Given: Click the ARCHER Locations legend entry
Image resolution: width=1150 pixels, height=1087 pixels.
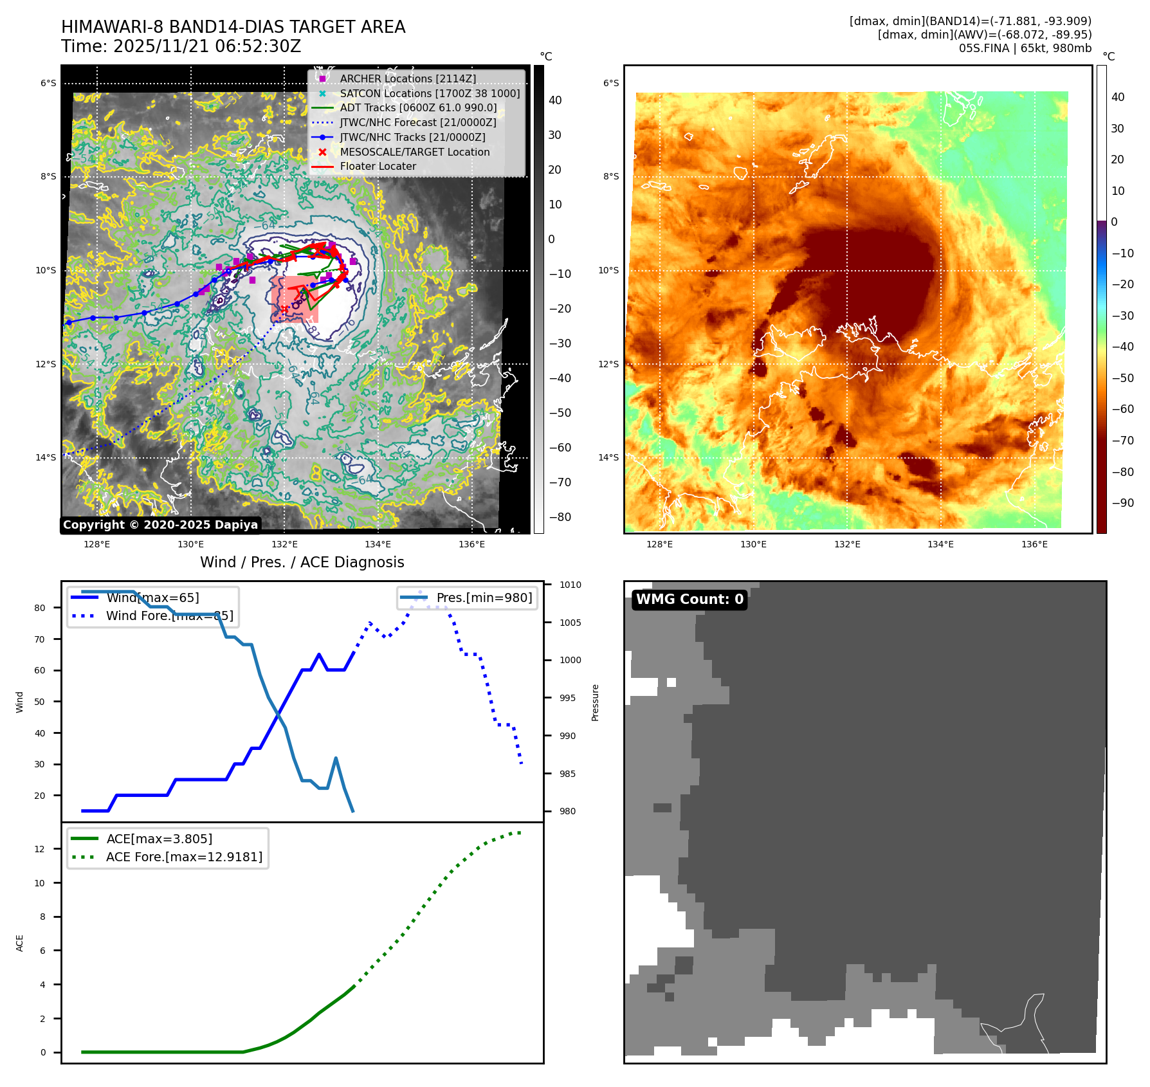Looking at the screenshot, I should pos(408,78).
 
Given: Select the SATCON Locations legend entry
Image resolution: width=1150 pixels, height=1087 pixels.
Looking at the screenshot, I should pos(430,93).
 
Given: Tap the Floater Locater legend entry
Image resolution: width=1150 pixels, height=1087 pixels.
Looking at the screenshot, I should pos(378,166).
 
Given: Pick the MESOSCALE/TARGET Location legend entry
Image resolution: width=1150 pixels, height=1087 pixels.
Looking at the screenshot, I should pos(414,152).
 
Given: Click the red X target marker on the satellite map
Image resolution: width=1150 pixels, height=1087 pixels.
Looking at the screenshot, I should pos(284,309).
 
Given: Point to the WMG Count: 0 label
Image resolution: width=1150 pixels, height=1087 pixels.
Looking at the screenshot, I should pos(689,599).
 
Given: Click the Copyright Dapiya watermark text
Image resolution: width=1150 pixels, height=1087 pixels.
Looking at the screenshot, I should pos(160,525).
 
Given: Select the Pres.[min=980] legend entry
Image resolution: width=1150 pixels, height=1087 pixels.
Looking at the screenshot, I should pos(484,598).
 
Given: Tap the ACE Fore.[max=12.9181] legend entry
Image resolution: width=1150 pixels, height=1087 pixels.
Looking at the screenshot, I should pos(184,857).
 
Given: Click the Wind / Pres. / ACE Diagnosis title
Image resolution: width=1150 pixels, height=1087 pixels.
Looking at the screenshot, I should pos(302,562).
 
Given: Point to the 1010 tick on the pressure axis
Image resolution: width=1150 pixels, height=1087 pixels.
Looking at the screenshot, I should pos(570,585).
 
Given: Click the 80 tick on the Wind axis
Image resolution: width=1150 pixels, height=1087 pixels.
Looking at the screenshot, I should pos(40,608).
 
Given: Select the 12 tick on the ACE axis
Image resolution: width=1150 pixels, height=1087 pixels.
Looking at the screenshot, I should pos(40,849).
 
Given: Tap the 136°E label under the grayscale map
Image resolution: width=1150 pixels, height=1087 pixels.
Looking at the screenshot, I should pos(471,544).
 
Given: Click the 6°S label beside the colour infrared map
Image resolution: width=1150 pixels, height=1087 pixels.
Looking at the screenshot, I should pos(610,83).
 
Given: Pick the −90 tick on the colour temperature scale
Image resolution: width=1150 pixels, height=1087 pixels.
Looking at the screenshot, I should pos(1122,503).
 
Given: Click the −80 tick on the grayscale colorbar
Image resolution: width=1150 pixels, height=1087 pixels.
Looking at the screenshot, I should pos(560,517).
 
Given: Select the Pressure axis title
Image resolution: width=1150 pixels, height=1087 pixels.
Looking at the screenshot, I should pos(596,702).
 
